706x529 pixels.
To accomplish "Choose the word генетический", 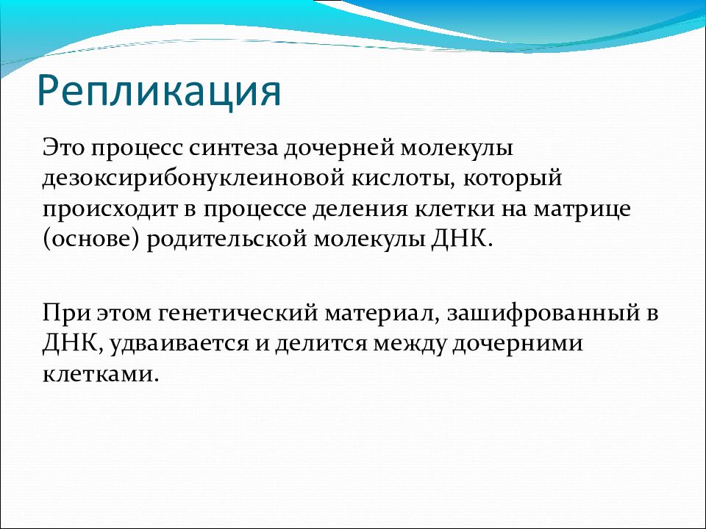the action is coord(238,313).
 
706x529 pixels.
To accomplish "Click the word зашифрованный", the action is coord(543,314).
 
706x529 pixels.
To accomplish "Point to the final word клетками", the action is coord(101,374).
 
